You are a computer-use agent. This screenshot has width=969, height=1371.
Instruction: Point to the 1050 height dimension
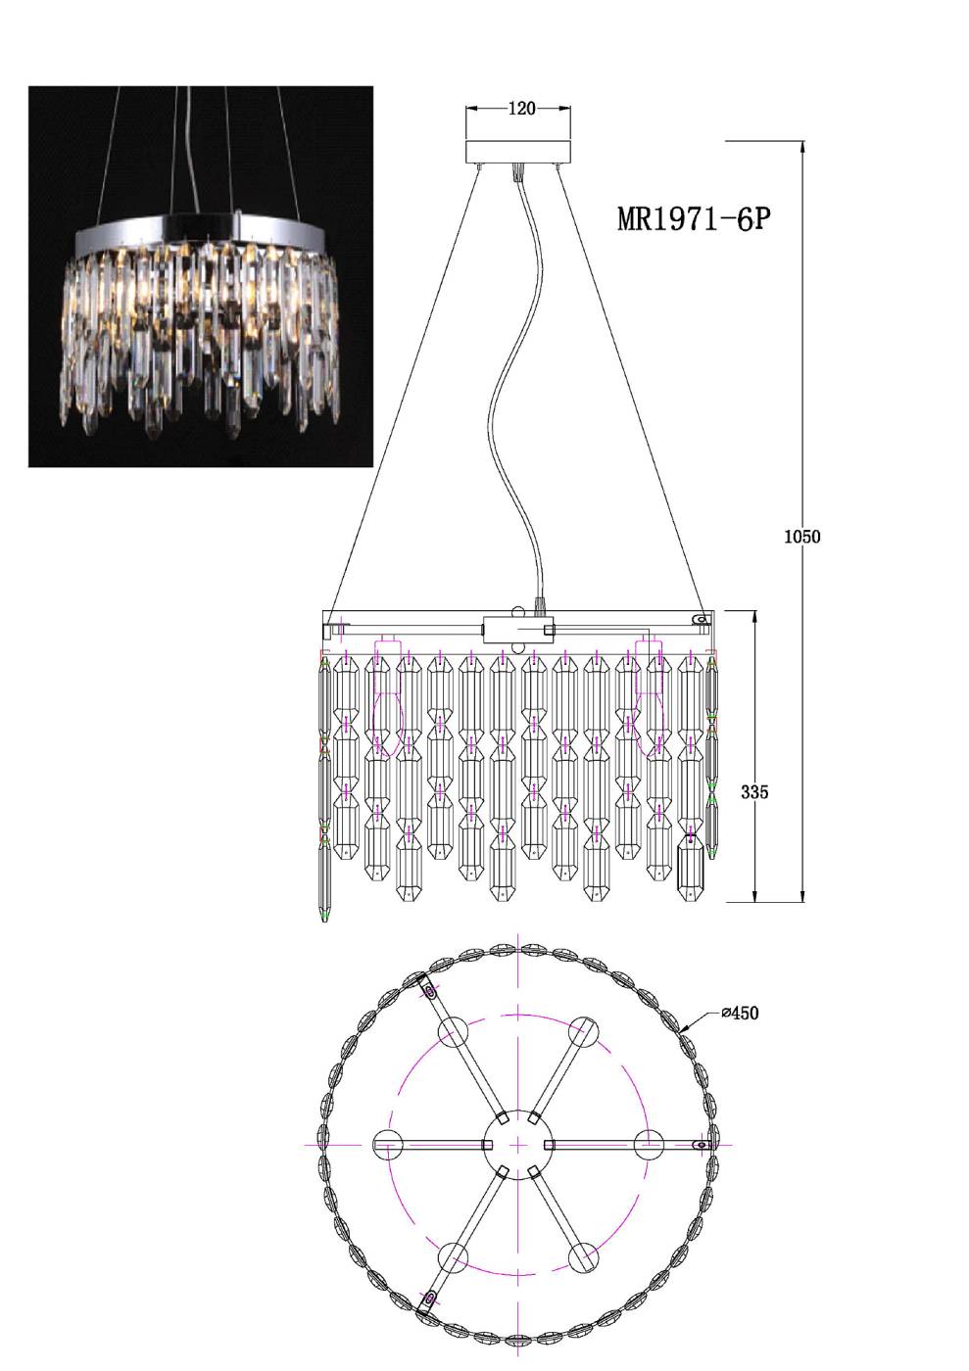801,537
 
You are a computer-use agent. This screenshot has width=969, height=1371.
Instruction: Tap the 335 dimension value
754,792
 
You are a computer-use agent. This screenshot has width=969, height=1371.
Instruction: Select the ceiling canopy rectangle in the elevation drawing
518,152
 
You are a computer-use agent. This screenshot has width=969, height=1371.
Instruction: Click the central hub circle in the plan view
518,1144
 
